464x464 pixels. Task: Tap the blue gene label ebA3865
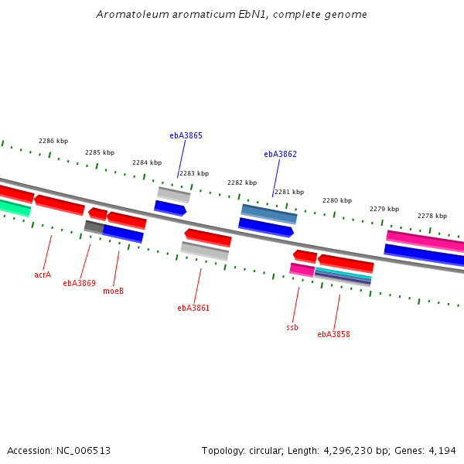[x=186, y=135]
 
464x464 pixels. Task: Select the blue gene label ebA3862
[x=280, y=154]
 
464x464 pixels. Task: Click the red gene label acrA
[x=43, y=275]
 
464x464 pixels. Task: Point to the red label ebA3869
[x=79, y=283]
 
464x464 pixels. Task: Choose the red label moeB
[x=113, y=291]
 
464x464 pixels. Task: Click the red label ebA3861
[x=193, y=308]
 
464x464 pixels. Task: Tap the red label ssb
[x=292, y=327]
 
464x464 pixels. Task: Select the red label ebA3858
[x=333, y=334]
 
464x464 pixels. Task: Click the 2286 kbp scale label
[x=53, y=141]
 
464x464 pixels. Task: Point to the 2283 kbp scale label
[x=194, y=173]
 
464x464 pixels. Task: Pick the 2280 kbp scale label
[x=337, y=200]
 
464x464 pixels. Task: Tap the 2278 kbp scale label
[x=432, y=216]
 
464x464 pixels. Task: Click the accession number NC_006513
[x=84, y=450]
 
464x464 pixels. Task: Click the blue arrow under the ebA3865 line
[x=170, y=208]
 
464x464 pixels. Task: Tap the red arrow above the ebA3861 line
[x=208, y=237]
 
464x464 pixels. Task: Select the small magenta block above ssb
[x=302, y=269]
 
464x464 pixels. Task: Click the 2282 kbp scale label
[x=242, y=183]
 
